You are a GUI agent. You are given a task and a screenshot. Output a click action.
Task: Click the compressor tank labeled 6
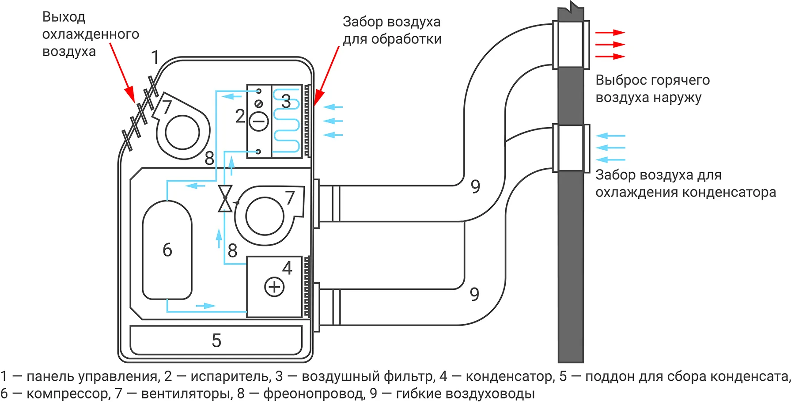(167, 250)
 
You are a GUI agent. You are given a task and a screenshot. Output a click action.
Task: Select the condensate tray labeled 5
(216, 340)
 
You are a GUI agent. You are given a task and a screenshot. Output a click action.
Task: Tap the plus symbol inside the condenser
(274, 287)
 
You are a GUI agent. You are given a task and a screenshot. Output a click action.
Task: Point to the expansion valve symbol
(225, 198)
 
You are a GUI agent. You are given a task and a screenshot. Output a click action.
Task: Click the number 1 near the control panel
(155, 57)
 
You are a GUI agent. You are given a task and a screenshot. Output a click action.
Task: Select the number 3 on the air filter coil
(286, 102)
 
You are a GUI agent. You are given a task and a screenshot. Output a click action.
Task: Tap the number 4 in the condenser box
(287, 268)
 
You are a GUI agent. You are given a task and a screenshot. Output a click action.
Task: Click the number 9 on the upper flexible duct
(475, 186)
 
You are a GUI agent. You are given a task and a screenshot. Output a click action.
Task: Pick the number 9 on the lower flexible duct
(474, 294)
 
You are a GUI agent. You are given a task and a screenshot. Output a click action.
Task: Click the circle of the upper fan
(182, 133)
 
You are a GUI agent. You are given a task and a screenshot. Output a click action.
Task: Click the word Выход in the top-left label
(64, 17)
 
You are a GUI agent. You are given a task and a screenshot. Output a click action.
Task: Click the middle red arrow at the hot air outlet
(610, 45)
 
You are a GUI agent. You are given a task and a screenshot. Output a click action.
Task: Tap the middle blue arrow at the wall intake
(610, 148)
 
